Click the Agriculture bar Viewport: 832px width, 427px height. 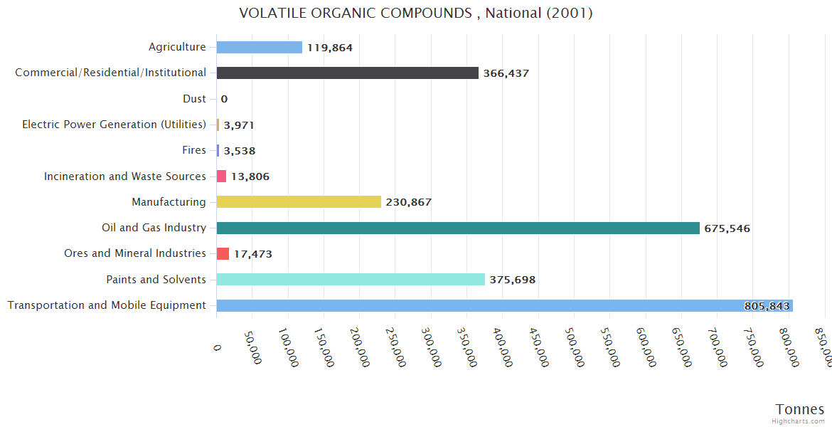[260, 47]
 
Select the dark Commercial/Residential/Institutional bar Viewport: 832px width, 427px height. [347, 73]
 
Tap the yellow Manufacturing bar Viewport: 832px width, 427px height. [299, 202]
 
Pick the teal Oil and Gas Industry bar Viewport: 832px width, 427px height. [458, 228]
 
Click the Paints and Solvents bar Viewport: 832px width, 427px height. [351, 280]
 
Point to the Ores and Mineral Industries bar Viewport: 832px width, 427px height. [223, 254]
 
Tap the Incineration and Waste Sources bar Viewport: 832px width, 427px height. [221, 176]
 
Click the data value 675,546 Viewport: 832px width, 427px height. [727, 228]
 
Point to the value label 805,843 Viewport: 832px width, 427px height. [767, 306]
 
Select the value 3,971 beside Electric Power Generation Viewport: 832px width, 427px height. [239, 125]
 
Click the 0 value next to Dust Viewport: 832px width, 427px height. [224, 99]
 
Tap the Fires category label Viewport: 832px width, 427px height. [194, 150]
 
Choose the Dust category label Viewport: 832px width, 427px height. [194, 99]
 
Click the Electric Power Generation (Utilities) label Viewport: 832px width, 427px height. [114, 125]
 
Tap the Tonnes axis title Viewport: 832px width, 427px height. [799, 409]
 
